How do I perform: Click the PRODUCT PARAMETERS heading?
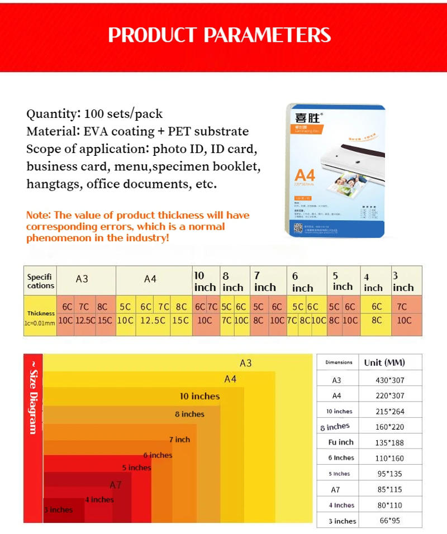click(x=220, y=35)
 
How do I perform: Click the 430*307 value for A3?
click(x=389, y=380)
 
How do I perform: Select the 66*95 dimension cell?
click(x=389, y=521)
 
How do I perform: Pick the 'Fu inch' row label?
click(x=340, y=442)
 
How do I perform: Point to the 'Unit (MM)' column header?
click(x=384, y=362)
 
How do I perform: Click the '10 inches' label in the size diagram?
click(x=199, y=396)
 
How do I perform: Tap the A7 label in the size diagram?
click(x=116, y=485)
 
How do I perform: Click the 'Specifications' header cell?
click(x=41, y=281)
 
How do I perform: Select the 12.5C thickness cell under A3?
click(x=84, y=321)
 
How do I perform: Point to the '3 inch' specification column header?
click(x=403, y=282)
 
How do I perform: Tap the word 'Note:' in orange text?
click(x=39, y=215)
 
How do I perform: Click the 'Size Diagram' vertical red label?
click(x=33, y=397)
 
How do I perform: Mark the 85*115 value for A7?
click(x=389, y=489)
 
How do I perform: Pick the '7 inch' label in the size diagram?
click(x=179, y=440)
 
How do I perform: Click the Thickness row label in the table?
click(x=41, y=314)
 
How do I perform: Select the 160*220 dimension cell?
click(x=389, y=427)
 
